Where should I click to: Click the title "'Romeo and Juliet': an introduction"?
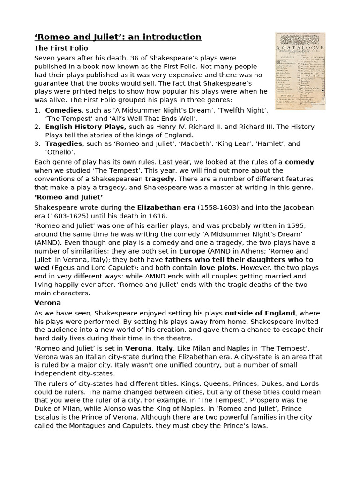click(118, 37)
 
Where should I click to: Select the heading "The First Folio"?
click(61, 48)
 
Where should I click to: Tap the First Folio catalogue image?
click(300, 71)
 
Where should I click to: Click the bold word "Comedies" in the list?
click(63, 110)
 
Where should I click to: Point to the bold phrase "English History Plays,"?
click(86, 127)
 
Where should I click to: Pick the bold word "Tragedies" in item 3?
click(64, 144)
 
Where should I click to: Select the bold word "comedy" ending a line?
click(300, 162)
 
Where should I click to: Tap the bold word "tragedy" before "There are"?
click(160, 179)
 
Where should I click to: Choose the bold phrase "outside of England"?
click(260, 313)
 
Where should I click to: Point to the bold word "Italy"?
click(165, 348)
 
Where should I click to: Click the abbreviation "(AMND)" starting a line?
click(48, 242)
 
